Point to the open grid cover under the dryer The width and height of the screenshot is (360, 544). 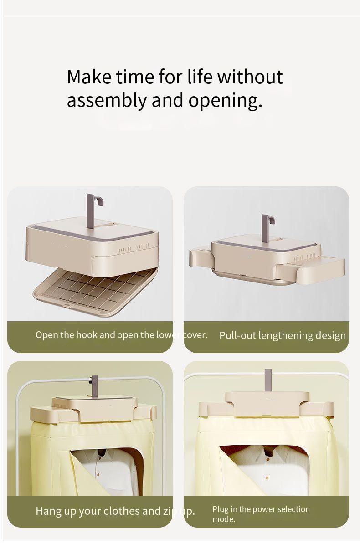(x=96, y=292)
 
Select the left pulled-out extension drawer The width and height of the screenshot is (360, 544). (x=201, y=257)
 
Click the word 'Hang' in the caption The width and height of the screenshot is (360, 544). (x=48, y=511)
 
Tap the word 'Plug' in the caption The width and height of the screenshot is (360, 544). (x=221, y=509)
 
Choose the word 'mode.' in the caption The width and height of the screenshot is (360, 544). (x=224, y=519)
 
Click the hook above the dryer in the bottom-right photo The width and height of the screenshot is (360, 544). (x=268, y=380)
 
